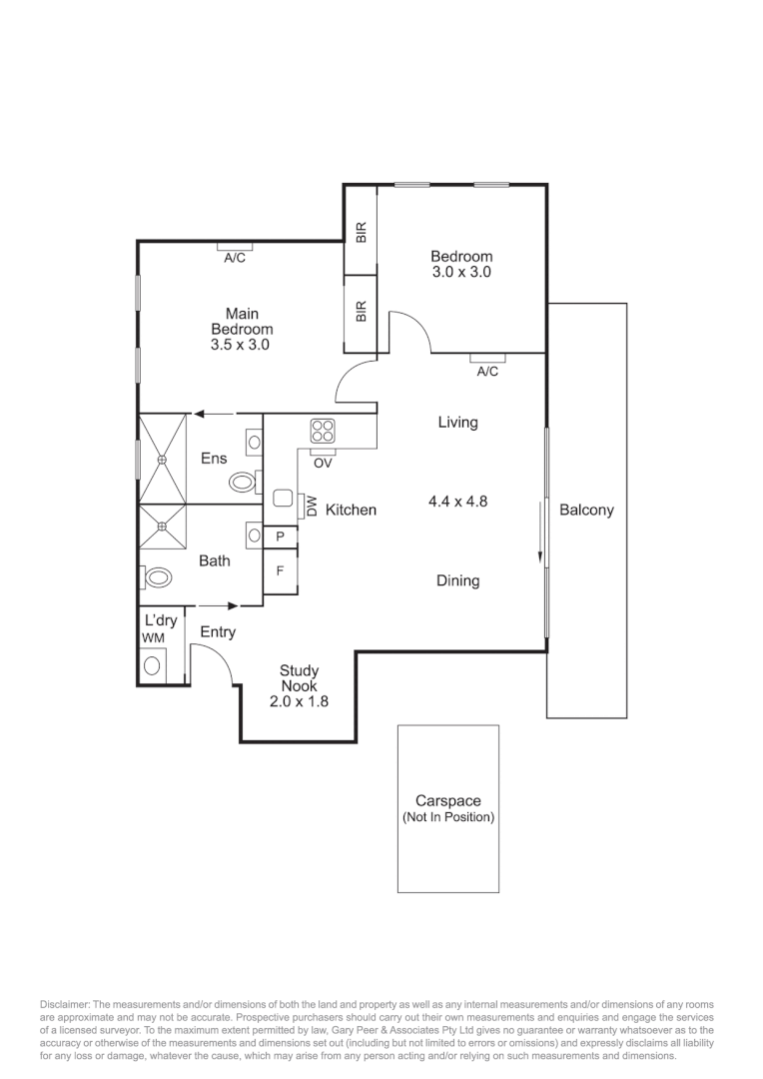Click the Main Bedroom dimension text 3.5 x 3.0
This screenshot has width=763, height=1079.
(x=241, y=345)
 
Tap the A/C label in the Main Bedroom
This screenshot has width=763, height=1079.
(x=235, y=258)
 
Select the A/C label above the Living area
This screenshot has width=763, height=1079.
(x=487, y=372)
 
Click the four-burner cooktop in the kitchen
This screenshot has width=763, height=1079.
(x=323, y=431)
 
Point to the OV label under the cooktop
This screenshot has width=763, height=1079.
(x=323, y=464)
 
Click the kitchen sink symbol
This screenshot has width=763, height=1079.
(x=283, y=499)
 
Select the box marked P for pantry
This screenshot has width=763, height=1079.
(x=280, y=537)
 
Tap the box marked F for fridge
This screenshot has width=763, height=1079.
(x=280, y=572)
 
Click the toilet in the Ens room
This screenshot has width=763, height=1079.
(x=243, y=483)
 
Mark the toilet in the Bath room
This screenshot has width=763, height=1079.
(x=157, y=577)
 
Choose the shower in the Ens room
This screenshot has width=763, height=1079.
(x=162, y=459)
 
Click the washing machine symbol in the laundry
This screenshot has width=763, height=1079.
(x=153, y=663)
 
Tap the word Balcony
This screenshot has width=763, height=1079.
(x=586, y=510)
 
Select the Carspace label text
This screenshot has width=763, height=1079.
(x=448, y=801)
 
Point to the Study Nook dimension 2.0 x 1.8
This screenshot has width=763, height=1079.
(x=299, y=701)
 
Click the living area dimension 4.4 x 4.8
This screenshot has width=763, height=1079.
(x=457, y=502)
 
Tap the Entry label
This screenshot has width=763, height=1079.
(x=218, y=631)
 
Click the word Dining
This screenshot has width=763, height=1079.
(x=457, y=580)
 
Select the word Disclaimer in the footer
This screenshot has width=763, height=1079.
(x=65, y=1003)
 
